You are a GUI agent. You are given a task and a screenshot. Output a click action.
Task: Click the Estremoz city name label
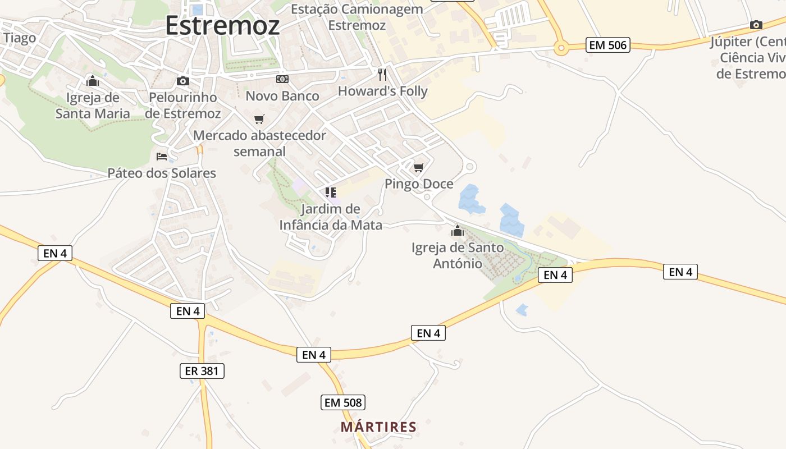point(222,26)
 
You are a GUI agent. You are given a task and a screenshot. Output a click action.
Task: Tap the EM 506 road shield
point(608,45)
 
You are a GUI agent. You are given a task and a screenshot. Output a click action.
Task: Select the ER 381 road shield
point(202,371)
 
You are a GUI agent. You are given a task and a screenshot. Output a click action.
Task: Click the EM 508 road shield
point(344,402)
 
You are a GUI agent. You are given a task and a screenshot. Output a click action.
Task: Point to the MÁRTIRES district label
point(378,427)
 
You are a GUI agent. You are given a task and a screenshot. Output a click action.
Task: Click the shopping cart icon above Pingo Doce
point(418,167)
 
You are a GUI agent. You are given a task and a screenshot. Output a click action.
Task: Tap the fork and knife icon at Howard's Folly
point(382,75)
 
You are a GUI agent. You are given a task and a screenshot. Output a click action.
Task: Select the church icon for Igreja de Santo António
point(458,231)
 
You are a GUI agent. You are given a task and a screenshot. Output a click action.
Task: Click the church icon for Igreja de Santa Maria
point(93,81)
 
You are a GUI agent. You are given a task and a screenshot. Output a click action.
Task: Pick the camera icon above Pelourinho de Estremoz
point(182,81)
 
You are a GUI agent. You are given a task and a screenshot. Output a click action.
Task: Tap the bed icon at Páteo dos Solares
point(162,156)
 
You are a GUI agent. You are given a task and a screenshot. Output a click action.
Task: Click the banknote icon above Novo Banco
point(282,80)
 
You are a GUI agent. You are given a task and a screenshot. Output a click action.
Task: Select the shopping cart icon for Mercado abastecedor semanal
point(259,119)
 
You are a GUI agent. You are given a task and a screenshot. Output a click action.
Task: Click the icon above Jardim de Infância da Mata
point(331,193)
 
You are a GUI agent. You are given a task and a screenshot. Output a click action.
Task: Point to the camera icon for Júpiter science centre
point(756,25)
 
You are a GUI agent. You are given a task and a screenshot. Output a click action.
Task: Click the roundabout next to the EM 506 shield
point(560,49)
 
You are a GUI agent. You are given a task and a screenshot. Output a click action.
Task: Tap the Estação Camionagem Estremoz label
point(357,17)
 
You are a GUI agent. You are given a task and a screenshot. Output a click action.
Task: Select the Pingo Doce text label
point(419,184)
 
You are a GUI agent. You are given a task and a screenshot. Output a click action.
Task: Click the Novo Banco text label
point(282,96)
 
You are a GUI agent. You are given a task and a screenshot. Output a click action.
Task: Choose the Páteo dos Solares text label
point(162,173)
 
